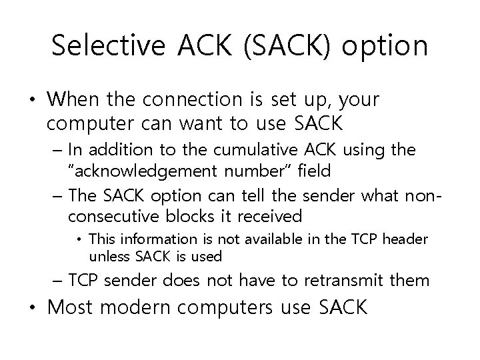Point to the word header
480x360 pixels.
[406, 239]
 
